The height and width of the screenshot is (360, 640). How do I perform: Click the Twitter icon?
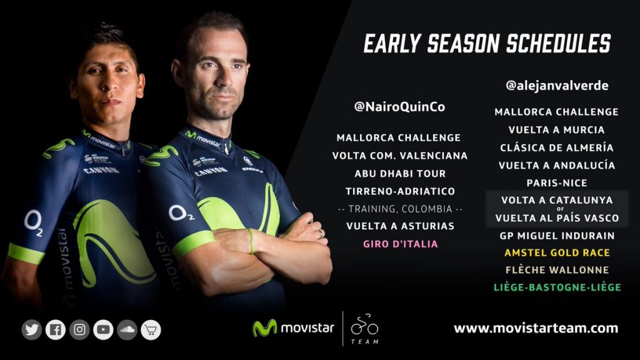pyautogui.click(x=32, y=330)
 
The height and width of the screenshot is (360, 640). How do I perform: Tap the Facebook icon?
pyautogui.click(x=56, y=330)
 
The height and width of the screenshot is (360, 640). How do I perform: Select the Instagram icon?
pyautogui.click(x=79, y=330)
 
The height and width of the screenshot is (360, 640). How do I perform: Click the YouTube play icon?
pyautogui.click(x=103, y=330)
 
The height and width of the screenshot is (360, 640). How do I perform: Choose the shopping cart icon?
pyautogui.click(x=151, y=330)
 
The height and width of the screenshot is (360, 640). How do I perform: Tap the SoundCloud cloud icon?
pyautogui.click(x=127, y=330)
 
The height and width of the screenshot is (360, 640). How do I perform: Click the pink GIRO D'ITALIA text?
pyautogui.click(x=401, y=244)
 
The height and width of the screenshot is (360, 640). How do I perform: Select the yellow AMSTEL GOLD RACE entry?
pyautogui.click(x=557, y=252)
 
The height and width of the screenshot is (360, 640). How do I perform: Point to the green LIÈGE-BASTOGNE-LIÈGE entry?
pyautogui.click(x=557, y=287)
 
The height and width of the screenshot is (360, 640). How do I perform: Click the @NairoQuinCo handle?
pyautogui.click(x=399, y=107)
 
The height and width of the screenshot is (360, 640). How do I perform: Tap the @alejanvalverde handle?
pyautogui.click(x=557, y=85)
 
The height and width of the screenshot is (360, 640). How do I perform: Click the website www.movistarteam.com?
pyautogui.click(x=536, y=328)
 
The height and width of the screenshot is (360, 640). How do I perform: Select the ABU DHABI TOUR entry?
pyautogui.click(x=400, y=174)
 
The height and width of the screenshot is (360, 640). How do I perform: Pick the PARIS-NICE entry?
pyautogui.click(x=557, y=183)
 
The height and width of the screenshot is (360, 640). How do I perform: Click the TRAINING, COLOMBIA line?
pyautogui.click(x=401, y=209)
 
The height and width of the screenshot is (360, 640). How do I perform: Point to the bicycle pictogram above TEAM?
pyautogui.click(x=364, y=324)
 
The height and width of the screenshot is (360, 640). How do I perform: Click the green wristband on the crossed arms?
pyautogui.click(x=251, y=241)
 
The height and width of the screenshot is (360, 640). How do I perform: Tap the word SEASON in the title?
pyautogui.click(x=464, y=44)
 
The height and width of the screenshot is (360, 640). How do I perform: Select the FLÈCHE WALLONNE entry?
pyautogui.click(x=557, y=270)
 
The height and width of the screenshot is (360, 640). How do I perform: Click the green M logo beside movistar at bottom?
pyautogui.click(x=264, y=327)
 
